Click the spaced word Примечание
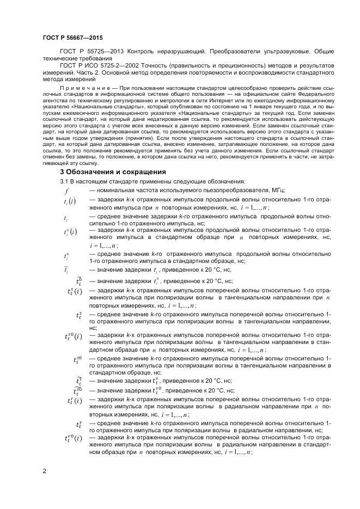tap(80, 87)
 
